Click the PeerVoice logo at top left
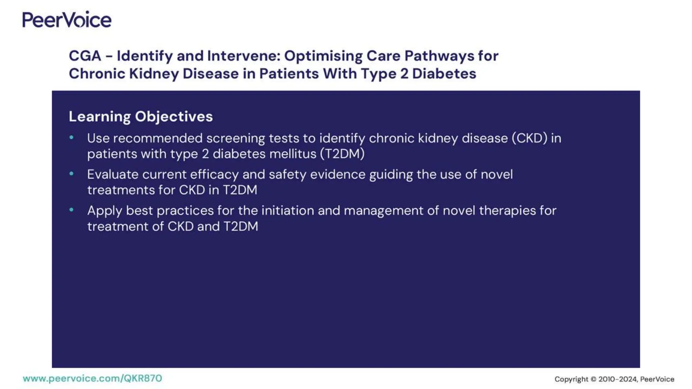(67, 20)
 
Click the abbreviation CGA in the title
(85, 56)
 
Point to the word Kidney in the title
(154, 74)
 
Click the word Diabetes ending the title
(444, 74)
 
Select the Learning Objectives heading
(141, 116)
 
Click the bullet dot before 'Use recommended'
(71, 137)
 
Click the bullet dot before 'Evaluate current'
(71, 174)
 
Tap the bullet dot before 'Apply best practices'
(71, 210)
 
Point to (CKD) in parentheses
(529, 138)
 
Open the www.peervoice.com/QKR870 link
(92, 378)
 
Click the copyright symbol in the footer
(593, 379)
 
